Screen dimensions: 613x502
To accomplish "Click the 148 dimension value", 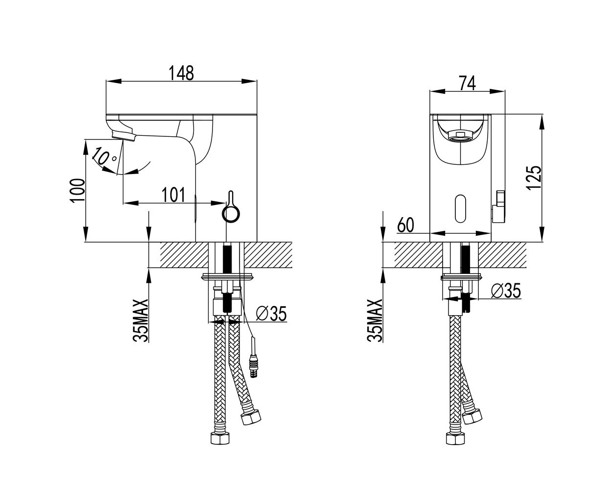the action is point(181,73).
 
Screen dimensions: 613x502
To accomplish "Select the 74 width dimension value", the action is point(467,83).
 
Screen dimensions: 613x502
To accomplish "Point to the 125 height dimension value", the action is point(534,178).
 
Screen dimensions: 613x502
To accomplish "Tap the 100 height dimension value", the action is point(77,191).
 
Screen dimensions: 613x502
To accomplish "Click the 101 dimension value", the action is point(173,195).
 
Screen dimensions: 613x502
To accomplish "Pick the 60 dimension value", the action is point(405,225).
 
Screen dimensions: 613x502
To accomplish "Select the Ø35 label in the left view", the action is point(271,313).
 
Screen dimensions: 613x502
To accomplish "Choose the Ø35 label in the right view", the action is point(506,291).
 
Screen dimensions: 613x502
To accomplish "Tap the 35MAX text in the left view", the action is point(141,320).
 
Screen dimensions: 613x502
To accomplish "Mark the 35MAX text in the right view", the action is point(375,320).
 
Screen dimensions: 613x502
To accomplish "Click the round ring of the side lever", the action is point(231,214).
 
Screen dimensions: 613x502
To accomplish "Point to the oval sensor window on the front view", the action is point(461,208).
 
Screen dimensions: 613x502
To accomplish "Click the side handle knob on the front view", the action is point(498,206).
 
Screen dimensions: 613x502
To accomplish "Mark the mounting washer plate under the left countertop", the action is point(228,276).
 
